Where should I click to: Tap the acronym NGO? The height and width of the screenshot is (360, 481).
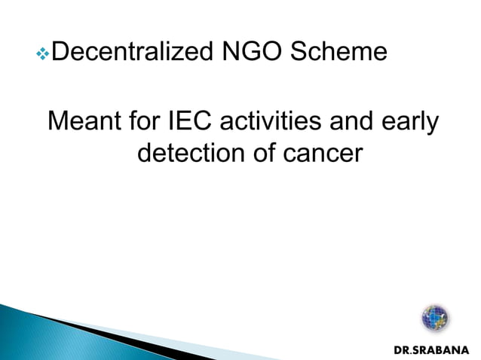point(243,52)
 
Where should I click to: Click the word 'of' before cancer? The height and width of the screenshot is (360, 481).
point(260,153)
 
